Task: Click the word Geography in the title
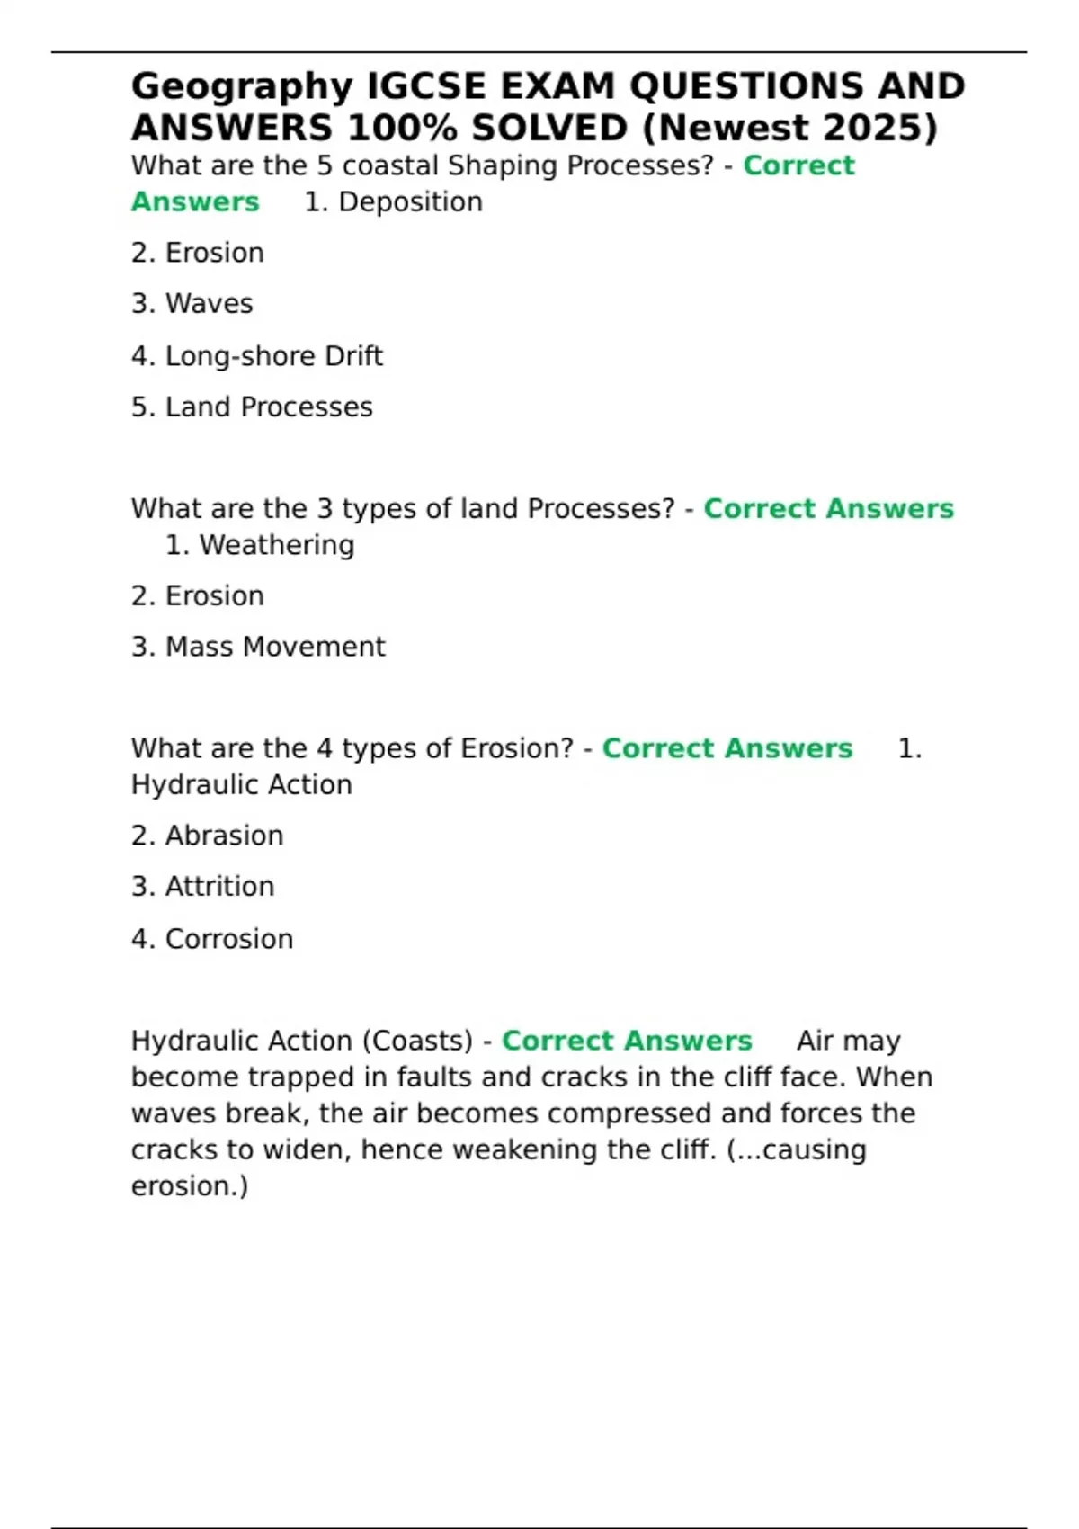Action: [242, 87]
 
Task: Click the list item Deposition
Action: [410, 202]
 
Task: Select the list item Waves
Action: [209, 304]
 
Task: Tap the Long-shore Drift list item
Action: [273, 356]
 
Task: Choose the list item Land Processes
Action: [269, 407]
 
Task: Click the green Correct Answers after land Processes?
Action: [828, 509]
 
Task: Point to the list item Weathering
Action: [277, 545]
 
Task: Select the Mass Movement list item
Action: [275, 647]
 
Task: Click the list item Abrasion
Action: [224, 836]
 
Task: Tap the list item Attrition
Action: [219, 887]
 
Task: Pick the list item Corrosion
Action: [229, 939]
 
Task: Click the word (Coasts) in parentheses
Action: [417, 1041]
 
